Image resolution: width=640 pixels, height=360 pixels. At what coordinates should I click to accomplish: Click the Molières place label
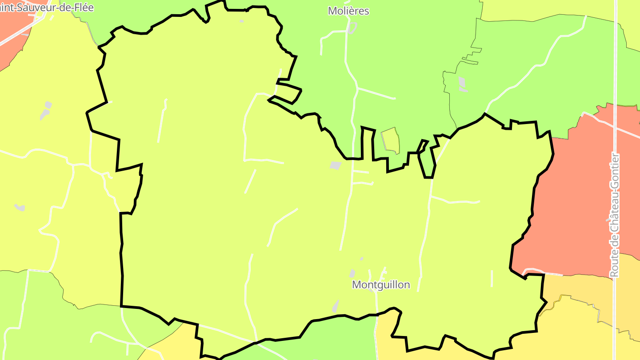point(348,11)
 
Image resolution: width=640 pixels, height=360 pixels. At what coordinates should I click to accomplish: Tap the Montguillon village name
point(381,284)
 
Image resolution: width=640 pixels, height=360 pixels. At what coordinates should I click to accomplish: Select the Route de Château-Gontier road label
point(615,216)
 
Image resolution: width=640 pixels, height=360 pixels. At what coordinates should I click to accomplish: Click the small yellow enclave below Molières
point(391,140)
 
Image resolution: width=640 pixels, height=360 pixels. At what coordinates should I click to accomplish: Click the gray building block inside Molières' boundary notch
point(335,165)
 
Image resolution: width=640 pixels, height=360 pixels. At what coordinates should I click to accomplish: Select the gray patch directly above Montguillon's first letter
point(352,273)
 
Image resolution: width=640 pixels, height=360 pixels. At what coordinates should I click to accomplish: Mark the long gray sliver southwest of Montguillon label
point(336,306)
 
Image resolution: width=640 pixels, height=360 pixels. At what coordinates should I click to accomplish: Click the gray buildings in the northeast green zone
point(463,84)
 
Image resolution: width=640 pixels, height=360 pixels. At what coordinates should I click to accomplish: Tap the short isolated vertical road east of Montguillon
point(492,278)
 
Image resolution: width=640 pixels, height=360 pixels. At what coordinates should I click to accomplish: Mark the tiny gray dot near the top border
point(242,21)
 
